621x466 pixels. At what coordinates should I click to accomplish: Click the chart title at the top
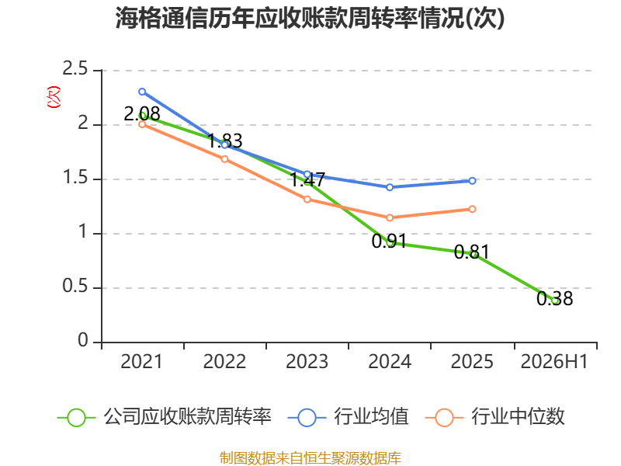click(x=310, y=18)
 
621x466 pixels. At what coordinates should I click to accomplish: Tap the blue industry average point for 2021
click(x=142, y=92)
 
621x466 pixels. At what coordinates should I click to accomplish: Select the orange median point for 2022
click(x=224, y=159)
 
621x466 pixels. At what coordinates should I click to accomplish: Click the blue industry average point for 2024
click(x=390, y=187)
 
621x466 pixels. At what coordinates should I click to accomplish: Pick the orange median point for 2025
click(x=472, y=209)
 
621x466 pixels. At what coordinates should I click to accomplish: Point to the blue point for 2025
click(x=472, y=181)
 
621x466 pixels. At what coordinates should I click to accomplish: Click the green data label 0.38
click(x=554, y=298)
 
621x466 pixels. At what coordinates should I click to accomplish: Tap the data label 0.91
click(x=390, y=241)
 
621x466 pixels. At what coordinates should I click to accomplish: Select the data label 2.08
click(x=142, y=113)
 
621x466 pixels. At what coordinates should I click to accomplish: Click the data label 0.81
click(x=472, y=252)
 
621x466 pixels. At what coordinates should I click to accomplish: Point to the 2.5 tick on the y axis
click(x=75, y=68)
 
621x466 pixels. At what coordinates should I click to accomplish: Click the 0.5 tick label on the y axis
click(x=75, y=286)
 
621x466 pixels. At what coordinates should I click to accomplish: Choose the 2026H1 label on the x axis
click(x=554, y=361)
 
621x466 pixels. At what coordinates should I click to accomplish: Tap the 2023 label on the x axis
click(x=307, y=361)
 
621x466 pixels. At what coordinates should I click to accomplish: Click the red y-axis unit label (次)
click(x=54, y=97)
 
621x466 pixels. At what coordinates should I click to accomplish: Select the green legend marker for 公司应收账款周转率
click(x=76, y=418)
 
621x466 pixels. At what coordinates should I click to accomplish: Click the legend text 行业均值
click(x=371, y=416)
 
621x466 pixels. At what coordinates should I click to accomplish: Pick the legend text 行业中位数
click(x=518, y=416)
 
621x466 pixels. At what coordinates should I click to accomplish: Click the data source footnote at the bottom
click(x=310, y=458)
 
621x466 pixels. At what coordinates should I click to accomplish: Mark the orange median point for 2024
click(x=390, y=217)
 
